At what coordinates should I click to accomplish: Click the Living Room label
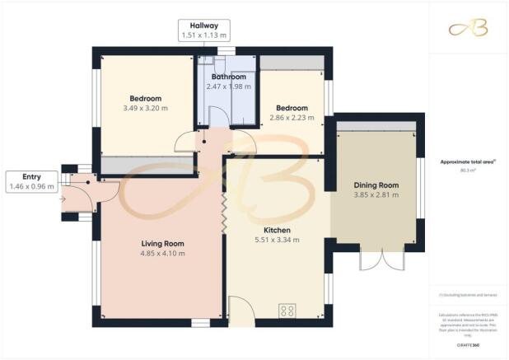click(x=161, y=244)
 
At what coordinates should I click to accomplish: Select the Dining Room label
click(x=376, y=185)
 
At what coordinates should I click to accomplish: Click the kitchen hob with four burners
click(x=288, y=311)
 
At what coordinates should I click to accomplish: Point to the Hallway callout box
click(x=205, y=30)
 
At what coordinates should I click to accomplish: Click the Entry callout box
click(x=30, y=181)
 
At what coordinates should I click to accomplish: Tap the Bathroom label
click(x=226, y=77)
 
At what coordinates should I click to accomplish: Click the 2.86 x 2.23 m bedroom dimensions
click(x=292, y=118)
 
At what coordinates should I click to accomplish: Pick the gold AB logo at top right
click(x=467, y=29)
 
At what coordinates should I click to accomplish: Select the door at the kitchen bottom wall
click(x=240, y=311)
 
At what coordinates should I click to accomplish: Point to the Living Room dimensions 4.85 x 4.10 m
click(x=161, y=254)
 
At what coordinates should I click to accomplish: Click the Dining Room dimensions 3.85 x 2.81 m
click(x=376, y=195)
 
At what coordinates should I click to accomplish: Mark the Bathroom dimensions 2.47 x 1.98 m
click(x=226, y=86)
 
